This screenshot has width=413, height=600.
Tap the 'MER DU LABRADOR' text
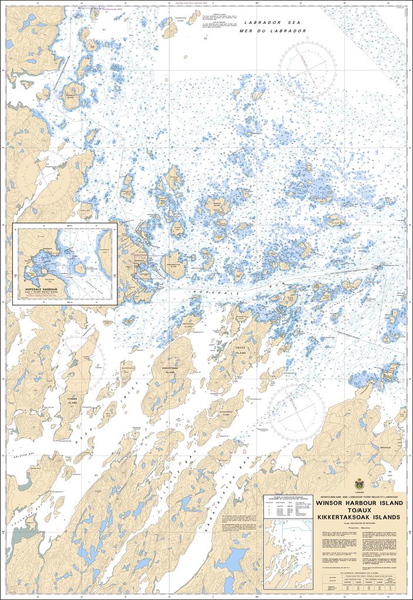(276, 30)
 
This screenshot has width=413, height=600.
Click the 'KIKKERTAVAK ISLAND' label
(170, 370)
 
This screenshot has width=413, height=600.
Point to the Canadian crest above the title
(359, 484)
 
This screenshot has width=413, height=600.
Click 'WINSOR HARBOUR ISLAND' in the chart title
(359, 503)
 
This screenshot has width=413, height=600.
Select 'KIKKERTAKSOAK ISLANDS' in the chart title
(359, 518)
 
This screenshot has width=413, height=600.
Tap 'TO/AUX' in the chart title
(359, 510)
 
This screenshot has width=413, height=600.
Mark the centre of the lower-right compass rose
(297, 410)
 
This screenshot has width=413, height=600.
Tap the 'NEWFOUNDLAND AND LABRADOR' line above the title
(359, 496)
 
